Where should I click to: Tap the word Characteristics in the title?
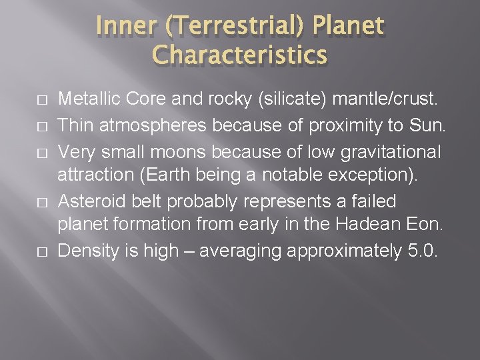click(239, 55)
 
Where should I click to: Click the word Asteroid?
click(89, 201)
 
